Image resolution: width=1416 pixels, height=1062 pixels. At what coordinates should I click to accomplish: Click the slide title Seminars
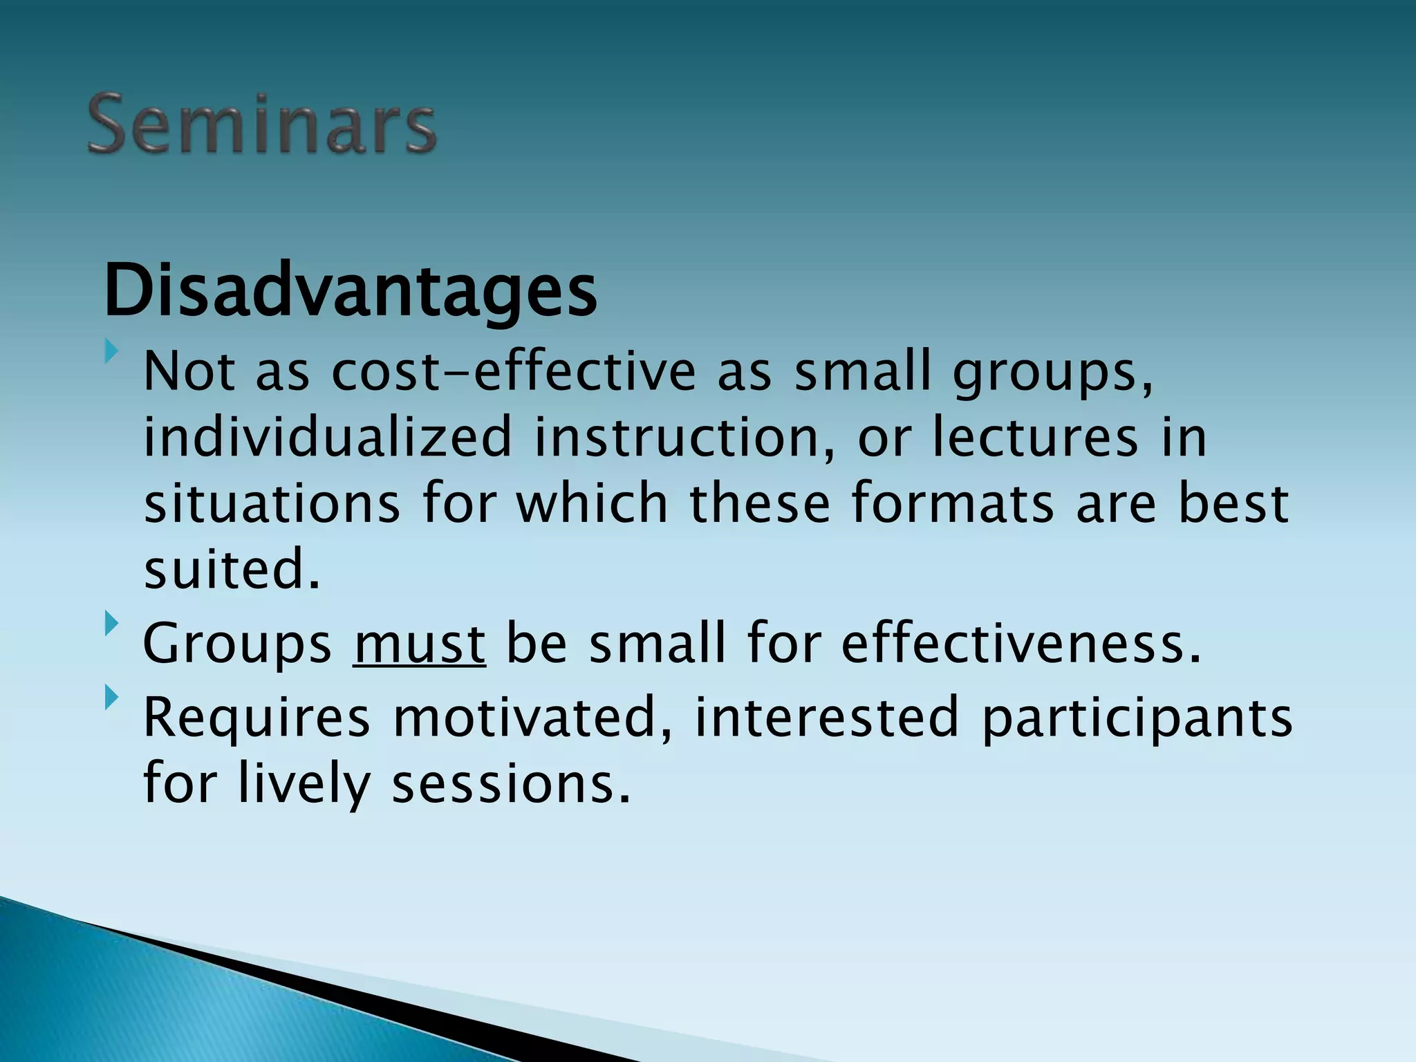261,125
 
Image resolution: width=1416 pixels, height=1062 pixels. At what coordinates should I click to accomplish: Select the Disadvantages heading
350,290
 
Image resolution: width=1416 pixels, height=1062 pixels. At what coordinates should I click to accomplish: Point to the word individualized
327,438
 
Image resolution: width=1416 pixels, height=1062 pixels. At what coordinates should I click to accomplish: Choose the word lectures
1035,438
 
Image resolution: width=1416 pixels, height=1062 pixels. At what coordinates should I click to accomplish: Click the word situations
272,503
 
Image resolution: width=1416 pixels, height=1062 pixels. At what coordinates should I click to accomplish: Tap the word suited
232,570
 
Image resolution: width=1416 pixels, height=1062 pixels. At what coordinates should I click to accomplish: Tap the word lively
304,785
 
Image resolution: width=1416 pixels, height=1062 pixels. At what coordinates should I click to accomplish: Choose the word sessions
511,785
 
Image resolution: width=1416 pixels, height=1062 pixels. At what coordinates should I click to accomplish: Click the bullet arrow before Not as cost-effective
111,352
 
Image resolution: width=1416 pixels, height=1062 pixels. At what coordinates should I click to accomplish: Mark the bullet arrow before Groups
111,624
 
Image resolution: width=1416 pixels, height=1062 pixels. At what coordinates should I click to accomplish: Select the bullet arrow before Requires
111,698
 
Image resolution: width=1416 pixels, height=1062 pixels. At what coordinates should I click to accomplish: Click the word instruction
684,438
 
